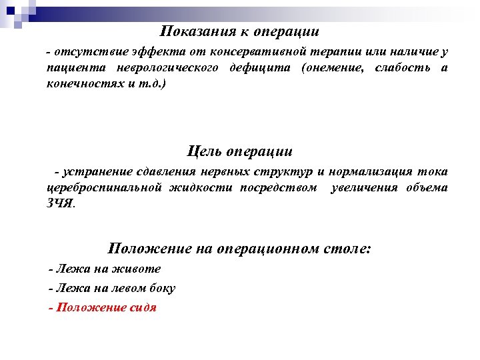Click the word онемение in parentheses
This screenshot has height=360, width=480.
pos(331,69)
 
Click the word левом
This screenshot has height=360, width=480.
pos(133,289)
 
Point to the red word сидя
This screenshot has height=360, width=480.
pos(143,308)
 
